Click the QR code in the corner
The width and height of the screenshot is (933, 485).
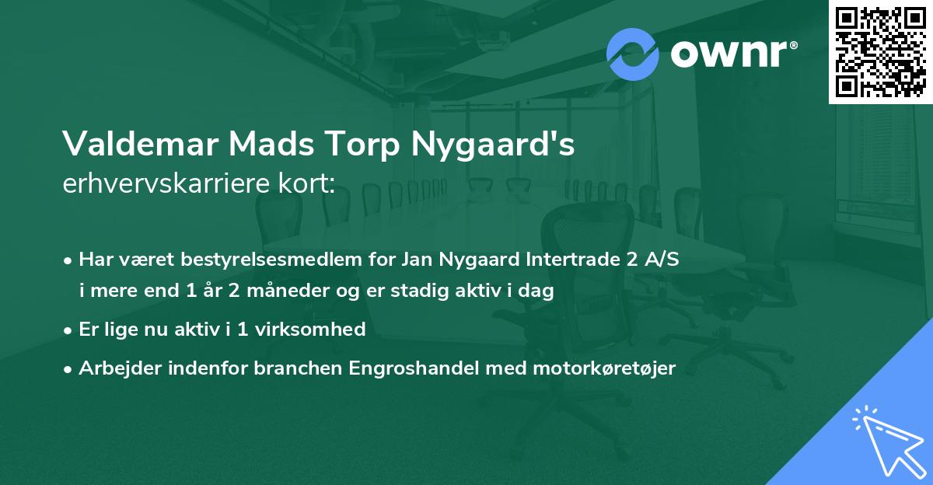pos(880,51)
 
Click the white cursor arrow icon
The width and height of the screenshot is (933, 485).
pos(887,437)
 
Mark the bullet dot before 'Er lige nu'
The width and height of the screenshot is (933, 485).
pos(69,330)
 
